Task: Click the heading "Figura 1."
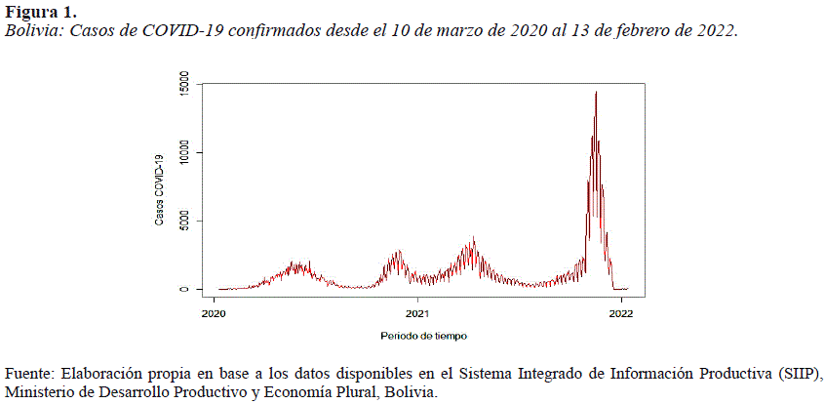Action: pos(40,13)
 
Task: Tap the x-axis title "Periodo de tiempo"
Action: pos(424,336)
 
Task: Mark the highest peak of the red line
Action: pos(596,92)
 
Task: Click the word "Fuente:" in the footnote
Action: pos(29,375)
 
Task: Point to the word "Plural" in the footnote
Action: pos(352,392)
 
